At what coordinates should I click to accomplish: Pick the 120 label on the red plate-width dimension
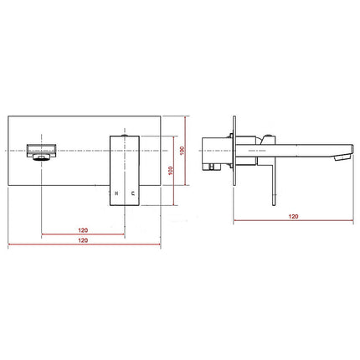[x=83, y=240]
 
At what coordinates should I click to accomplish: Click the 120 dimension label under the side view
[x=292, y=216]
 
